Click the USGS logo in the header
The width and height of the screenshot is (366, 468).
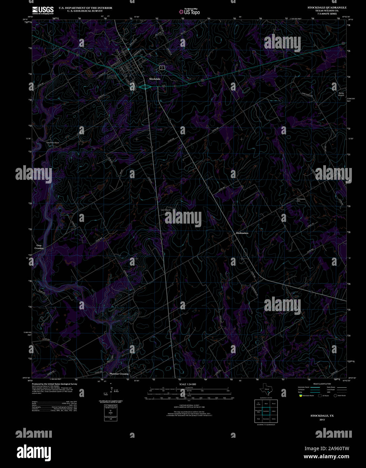43,10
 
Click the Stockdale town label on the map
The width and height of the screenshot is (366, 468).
155,79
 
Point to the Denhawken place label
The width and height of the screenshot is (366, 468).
242,233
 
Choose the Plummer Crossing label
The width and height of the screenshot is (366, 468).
119,374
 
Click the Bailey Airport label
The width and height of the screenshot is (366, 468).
341,94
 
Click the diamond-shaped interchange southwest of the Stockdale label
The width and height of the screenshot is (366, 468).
144,87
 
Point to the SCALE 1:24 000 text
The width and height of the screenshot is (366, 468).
188,384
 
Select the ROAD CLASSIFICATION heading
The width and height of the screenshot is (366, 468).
322,384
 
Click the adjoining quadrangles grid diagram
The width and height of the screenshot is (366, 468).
266,411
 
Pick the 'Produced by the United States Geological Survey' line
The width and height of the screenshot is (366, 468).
54,384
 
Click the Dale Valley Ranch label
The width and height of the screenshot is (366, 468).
53,143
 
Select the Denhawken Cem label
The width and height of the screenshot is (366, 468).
301,200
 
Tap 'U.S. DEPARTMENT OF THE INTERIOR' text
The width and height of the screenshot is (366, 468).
86,8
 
